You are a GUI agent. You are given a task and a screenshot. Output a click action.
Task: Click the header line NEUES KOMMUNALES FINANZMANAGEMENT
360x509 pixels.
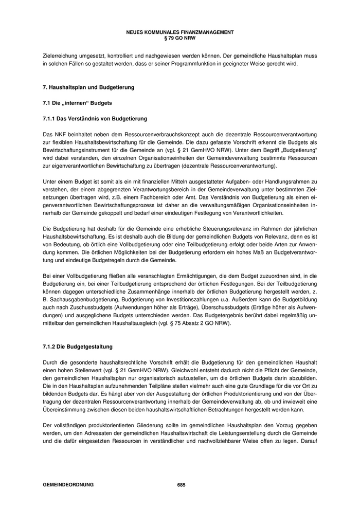click(x=179, y=32)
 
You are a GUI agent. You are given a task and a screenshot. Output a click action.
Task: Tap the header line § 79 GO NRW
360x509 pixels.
click(x=179, y=38)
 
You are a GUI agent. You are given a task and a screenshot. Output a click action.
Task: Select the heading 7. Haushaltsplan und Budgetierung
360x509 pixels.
click(x=88, y=87)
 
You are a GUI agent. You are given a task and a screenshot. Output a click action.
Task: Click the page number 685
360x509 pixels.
click(x=181, y=485)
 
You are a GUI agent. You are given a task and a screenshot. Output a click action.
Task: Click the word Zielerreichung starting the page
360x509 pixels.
click(x=60, y=55)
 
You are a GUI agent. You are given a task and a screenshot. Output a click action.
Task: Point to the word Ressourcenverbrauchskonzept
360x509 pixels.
click(x=132, y=134)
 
